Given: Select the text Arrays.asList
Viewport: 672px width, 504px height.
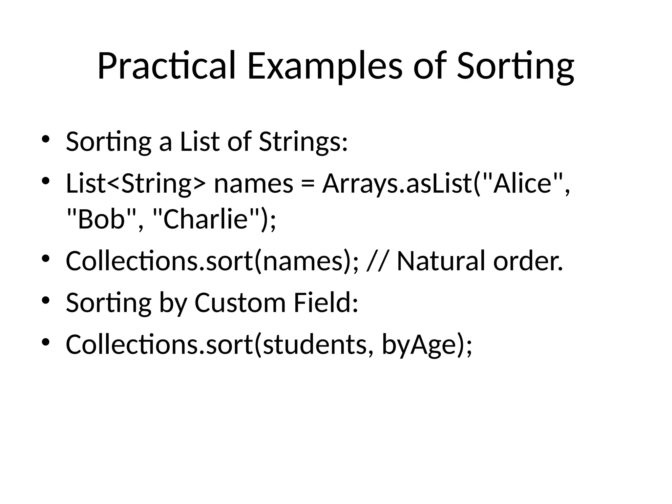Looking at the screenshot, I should tap(397, 184).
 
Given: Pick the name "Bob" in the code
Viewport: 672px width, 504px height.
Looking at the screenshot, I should tap(101, 219).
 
